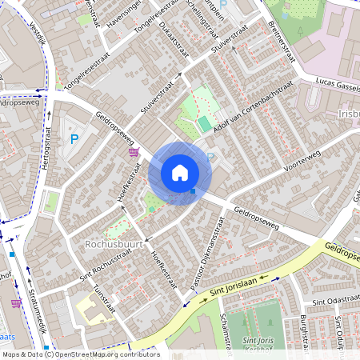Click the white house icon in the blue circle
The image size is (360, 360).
180,172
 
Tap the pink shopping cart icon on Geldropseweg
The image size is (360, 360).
133,151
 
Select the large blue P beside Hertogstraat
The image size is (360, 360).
74,139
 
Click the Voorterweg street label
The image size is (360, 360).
302,161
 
